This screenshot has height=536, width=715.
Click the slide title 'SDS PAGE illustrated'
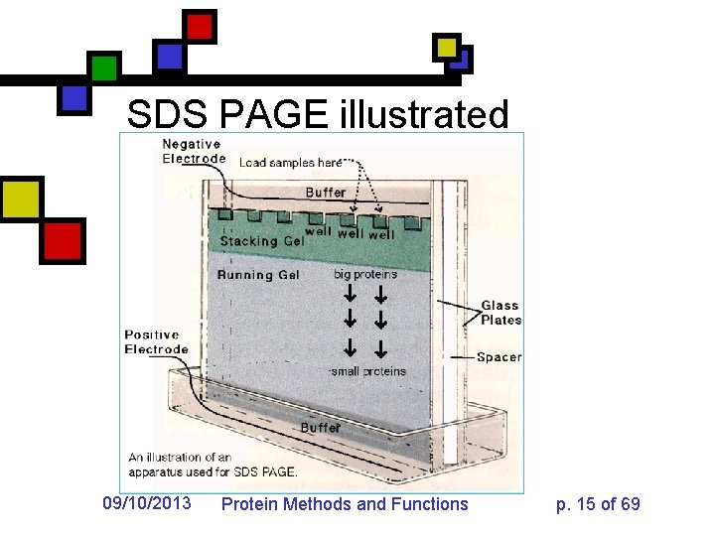[x=318, y=115]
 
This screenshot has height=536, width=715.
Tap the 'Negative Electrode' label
[x=194, y=151]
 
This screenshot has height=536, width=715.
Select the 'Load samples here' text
[x=290, y=162]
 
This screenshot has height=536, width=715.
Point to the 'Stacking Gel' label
[x=262, y=240]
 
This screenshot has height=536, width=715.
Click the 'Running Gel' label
[x=258, y=274]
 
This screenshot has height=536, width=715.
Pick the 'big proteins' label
[x=365, y=274]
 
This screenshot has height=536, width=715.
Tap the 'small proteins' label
[x=368, y=371]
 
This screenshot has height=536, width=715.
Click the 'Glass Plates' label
[x=500, y=313]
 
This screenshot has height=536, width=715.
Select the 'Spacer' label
[x=499, y=356]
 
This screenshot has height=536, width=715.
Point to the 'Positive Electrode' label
[x=156, y=341]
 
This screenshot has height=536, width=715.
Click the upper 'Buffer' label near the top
[x=326, y=192]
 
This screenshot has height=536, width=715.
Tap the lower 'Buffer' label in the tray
[x=321, y=427]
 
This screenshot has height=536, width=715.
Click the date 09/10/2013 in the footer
[x=147, y=504]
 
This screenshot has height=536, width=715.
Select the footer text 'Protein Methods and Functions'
[x=344, y=504]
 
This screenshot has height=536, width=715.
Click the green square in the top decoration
[x=104, y=68]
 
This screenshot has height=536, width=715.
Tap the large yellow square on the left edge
[x=20, y=200]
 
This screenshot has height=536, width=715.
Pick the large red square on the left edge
[x=63, y=240]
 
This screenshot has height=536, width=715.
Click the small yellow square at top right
[x=447, y=47]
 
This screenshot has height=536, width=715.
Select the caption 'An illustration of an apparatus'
[x=212, y=464]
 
